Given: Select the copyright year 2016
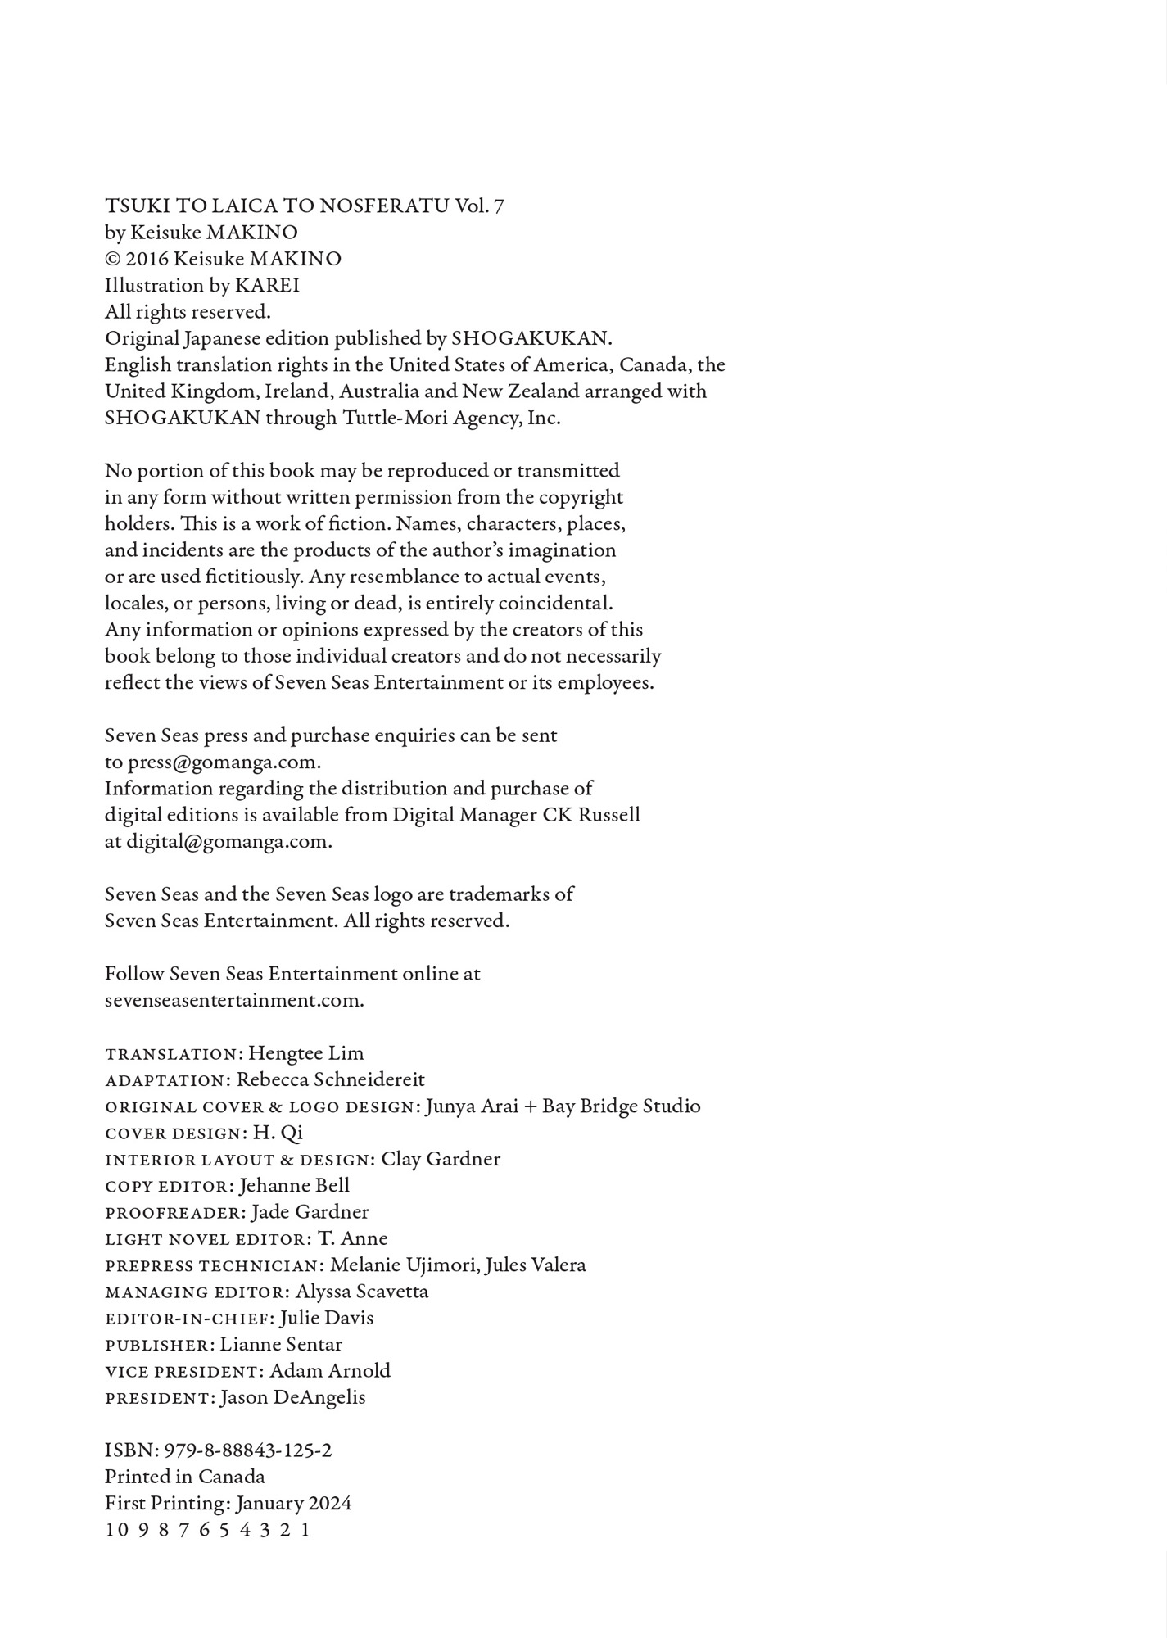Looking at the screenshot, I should [147, 259].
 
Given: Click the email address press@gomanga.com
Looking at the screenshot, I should [224, 762].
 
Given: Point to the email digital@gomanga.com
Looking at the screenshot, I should [228, 842].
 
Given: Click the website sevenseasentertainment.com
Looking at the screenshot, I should [234, 1000].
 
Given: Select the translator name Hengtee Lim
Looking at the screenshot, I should [305, 1053].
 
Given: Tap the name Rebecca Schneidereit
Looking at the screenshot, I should [331, 1079].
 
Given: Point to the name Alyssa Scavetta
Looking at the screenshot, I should [362, 1292].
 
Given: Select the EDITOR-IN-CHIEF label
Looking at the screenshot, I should [189, 1318].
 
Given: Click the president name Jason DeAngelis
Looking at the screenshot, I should [292, 1397].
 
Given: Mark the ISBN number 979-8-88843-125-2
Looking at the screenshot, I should [248, 1450].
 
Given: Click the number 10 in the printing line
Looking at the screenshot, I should [114, 1530].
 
